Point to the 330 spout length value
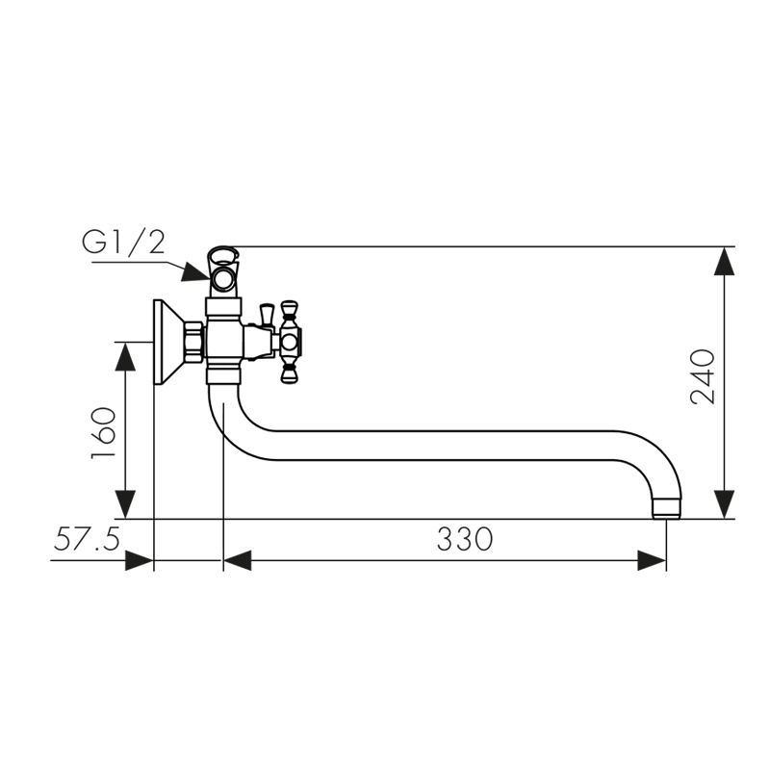pos(464,540)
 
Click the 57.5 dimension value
pos(86,540)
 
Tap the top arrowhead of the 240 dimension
pos(724,263)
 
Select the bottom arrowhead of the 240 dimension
pos(724,503)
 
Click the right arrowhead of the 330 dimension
pos(652,560)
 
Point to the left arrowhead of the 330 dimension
pos(238,560)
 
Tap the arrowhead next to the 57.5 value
pos(140,560)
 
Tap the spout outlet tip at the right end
pos(667,506)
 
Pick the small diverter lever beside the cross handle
pos(267,315)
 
